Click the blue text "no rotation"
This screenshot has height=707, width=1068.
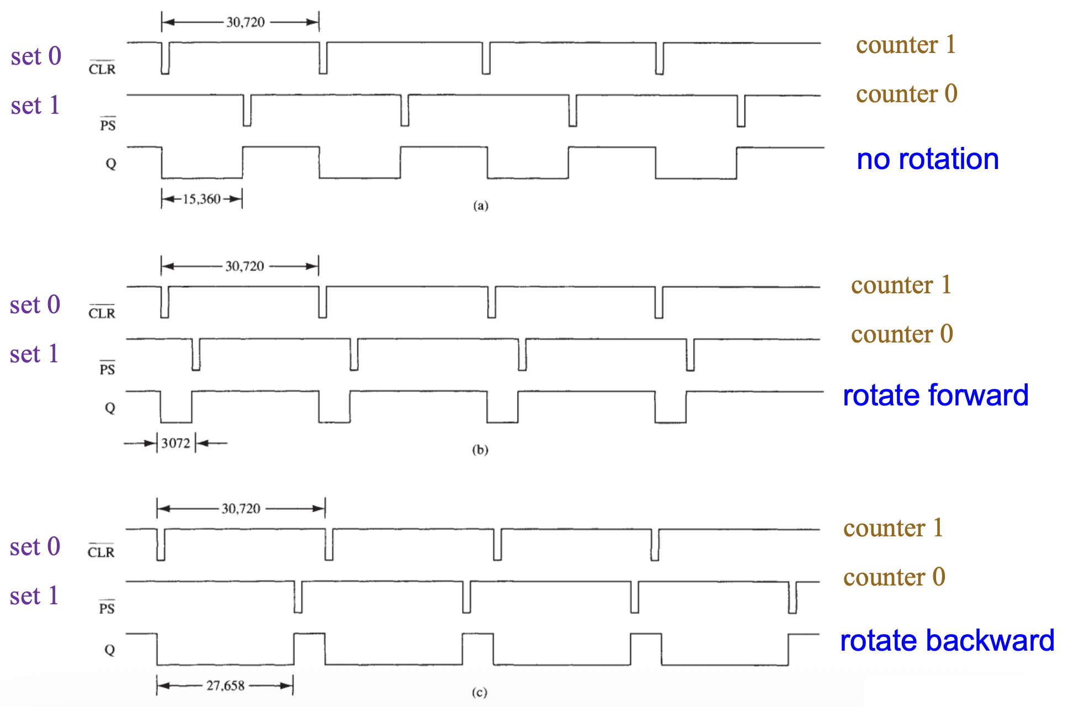(927, 160)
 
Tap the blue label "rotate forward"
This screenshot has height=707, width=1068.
(935, 395)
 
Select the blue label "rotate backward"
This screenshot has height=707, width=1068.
(947, 641)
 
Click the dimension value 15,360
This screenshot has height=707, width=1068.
(202, 199)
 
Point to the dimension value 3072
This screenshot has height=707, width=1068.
(176, 443)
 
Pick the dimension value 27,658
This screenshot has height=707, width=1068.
(225, 685)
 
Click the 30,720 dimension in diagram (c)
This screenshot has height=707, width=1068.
(241, 508)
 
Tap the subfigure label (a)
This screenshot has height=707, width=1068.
(480, 206)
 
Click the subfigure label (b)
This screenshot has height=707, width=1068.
(480, 450)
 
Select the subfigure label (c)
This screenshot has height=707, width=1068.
(479, 693)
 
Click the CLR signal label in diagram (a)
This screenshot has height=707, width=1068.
(102, 68)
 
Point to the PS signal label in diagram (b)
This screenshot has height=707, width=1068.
(107, 368)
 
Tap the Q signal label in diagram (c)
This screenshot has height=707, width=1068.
(110, 650)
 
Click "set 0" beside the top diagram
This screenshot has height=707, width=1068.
(36, 56)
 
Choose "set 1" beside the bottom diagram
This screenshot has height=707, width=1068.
(34, 596)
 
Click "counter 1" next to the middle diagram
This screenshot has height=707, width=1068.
(901, 285)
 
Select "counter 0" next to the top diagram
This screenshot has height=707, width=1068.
(906, 94)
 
